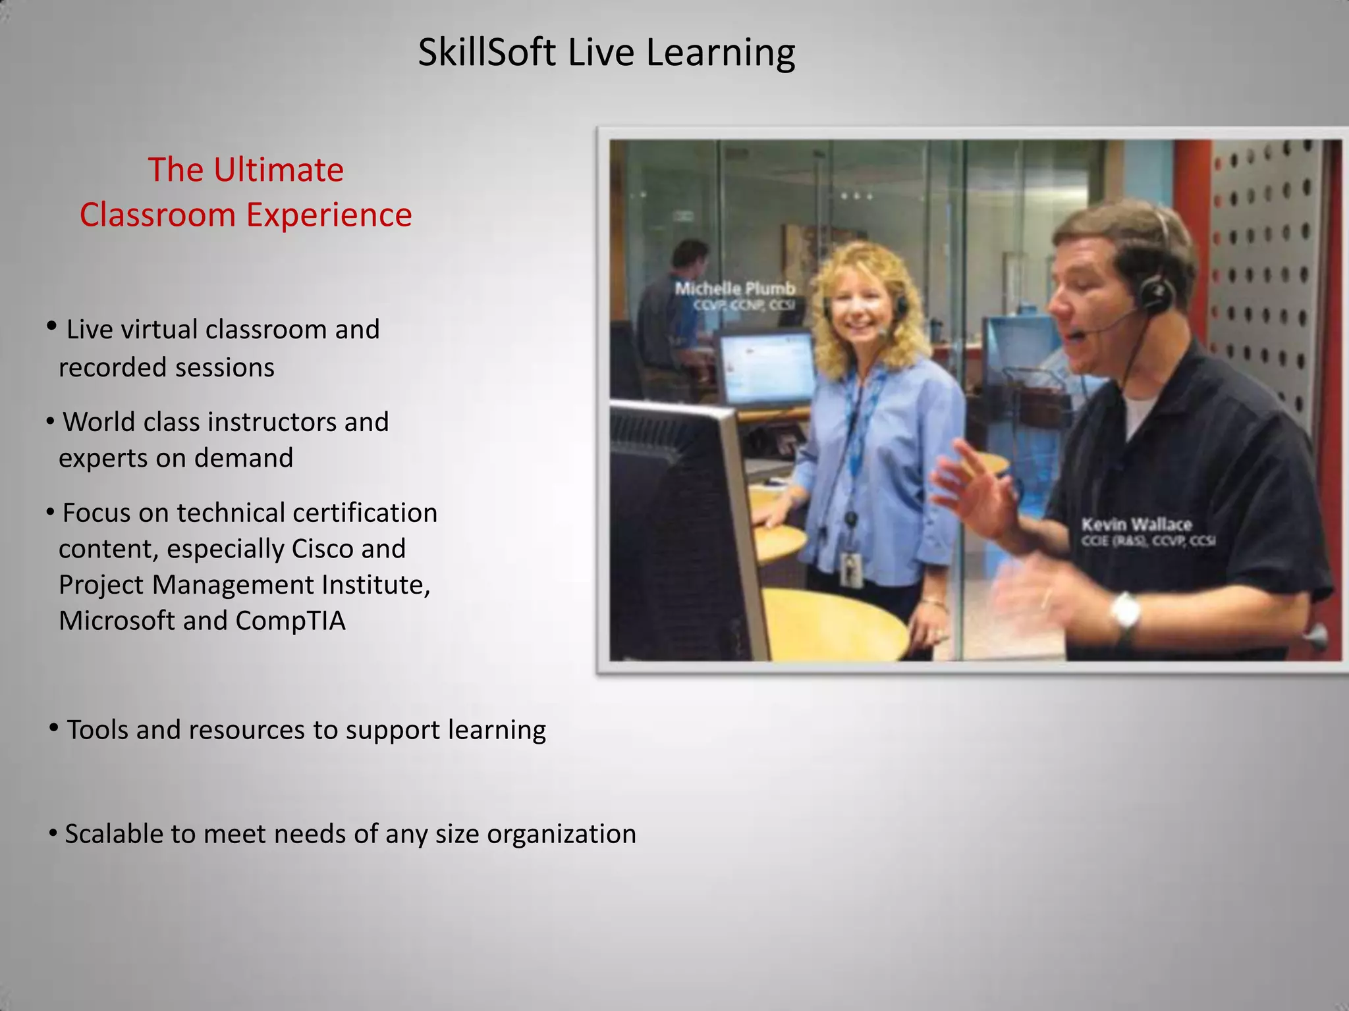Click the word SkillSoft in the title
pyautogui.click(x=487, y=52)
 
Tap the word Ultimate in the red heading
pyautogui.click(x=278, y=170)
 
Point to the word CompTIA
pyautogui.click(x=290, y=621)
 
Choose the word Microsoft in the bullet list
pyautogui.click(x=117, y=621)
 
